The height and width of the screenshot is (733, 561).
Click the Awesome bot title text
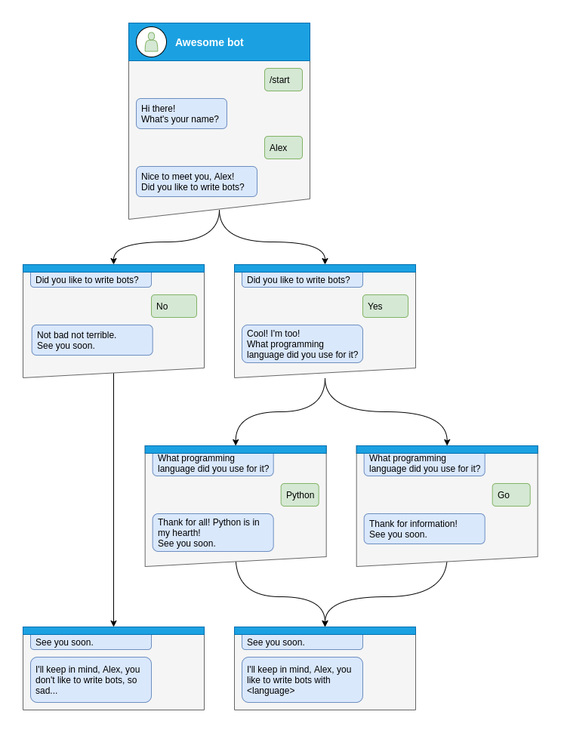(x=209, y=42)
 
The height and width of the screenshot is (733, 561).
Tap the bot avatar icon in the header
(x=151, y=42)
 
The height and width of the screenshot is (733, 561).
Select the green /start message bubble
(x=283, y=80)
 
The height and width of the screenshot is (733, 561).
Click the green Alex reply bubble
(x=283, y=148)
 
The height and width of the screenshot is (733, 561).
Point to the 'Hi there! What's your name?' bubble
(x=181, y=114)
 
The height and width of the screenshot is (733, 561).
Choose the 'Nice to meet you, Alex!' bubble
(x=196, y=182)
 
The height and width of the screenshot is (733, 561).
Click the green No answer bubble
(x=174, y=306)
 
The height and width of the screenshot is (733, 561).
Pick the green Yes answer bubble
(x=385, y=306)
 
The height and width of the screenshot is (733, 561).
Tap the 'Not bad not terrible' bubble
(x=92, y=340)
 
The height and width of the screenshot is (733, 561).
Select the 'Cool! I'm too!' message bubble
(x=302, y=344)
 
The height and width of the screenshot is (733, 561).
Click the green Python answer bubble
(x=300, y=495)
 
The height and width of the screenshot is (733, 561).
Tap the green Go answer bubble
(x=511, y=495)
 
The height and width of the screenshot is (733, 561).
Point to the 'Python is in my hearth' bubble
(x=213, y=533)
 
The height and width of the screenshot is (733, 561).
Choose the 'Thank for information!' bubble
(x=424, y=529)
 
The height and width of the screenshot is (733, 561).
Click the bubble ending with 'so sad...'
(x=91, y=680)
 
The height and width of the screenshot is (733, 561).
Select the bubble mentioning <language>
(x=302, y=680)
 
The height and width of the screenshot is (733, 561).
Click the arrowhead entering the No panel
(x=113, y=261)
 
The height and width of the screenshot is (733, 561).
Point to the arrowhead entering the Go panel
(x=447, y=442)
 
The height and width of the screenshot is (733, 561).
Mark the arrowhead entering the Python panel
(x=236, y=442)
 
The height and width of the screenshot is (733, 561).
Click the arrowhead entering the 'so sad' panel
(x=113, y=624)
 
